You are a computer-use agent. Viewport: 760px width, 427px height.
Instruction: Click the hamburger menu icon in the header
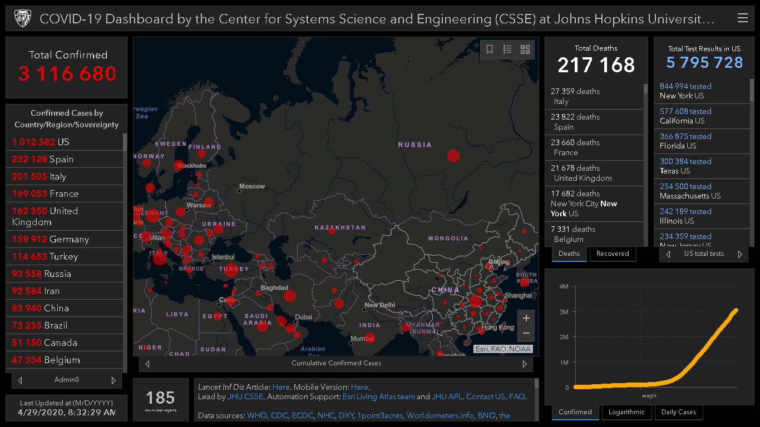coord(742,18)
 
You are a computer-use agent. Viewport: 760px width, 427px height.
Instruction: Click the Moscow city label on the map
coord(252,186)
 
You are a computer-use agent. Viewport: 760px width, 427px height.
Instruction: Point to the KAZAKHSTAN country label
coord(340,227)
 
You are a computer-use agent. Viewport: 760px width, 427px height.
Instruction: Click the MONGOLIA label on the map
coord(448,238)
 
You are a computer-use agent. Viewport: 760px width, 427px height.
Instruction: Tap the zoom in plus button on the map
coord(526,318)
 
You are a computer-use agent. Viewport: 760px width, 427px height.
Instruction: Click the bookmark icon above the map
coord(490,49)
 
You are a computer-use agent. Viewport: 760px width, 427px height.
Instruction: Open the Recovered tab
coord(612,254)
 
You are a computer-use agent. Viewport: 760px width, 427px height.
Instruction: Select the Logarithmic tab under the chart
coord(626,412)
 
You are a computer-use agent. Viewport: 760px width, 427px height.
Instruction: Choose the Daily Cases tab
coord(679,412)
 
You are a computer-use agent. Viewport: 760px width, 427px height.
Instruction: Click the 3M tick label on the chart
coord(564,312)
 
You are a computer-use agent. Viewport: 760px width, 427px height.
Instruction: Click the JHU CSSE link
coord(245,396)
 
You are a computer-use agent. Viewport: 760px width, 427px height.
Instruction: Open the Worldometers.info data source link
coord(440,415)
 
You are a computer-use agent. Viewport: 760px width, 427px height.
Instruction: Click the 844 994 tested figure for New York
coord(685,86)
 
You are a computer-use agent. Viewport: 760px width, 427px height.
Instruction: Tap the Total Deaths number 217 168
coord(596,65)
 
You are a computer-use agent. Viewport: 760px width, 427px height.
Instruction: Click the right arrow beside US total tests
coord(740,254)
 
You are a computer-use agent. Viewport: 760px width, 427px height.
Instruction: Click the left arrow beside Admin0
coord(20,380)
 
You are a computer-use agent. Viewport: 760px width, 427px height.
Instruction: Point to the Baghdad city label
coord(274,288)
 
